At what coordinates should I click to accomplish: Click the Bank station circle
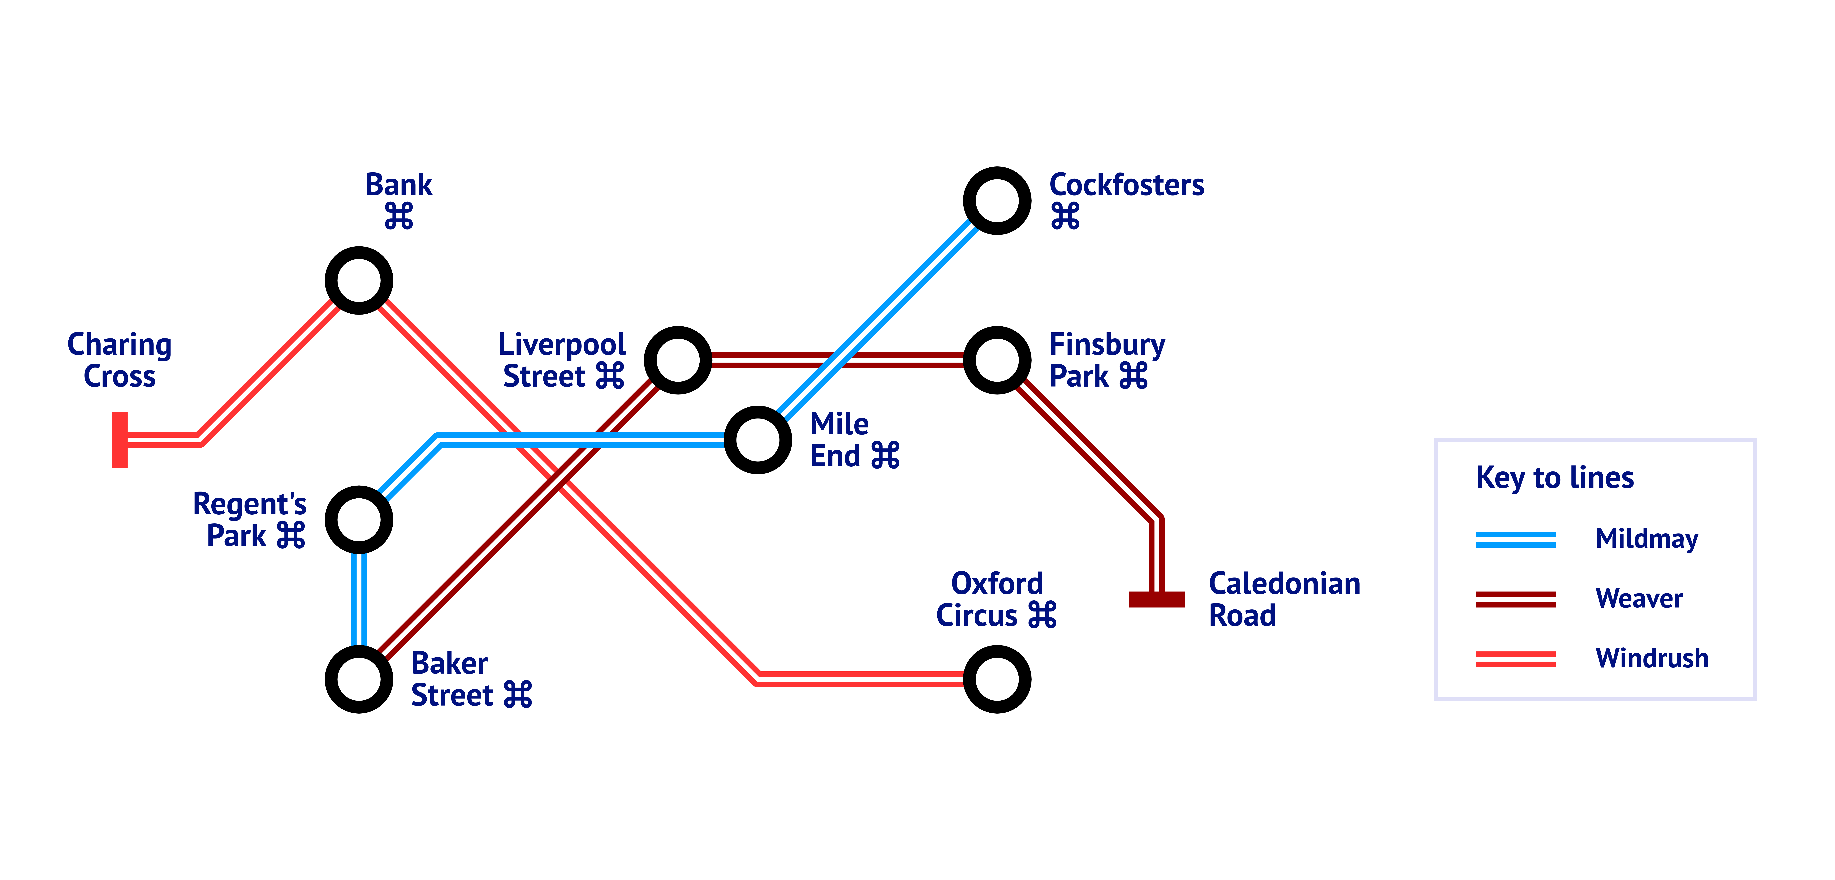[359, 281]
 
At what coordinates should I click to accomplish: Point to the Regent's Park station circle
[359, 520]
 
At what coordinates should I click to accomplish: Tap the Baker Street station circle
[359, 679]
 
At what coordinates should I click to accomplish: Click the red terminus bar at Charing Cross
[120, 440]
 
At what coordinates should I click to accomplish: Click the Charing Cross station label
[120, 360]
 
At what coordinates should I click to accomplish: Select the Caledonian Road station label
[1284, 599]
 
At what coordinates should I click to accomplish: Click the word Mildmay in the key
[1646, 539]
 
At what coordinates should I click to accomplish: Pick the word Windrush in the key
[1651, 659]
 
